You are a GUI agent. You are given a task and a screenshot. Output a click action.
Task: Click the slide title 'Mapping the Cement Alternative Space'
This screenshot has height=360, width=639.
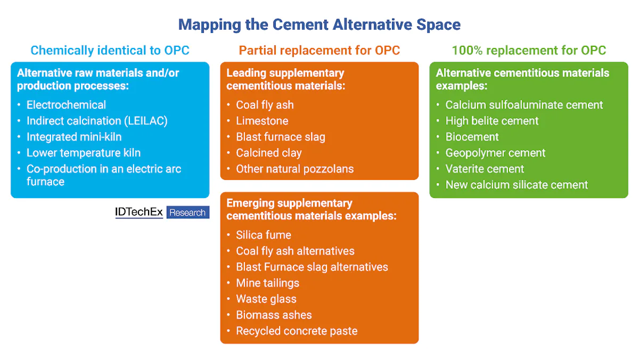319,24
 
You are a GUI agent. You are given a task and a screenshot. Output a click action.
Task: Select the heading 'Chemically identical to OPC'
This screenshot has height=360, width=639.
110,51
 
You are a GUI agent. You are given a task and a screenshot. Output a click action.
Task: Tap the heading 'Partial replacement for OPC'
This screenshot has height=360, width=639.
319,51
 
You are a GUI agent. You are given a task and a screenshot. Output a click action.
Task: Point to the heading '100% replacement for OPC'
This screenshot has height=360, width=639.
529,51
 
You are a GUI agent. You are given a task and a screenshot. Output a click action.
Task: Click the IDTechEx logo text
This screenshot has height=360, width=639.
139,212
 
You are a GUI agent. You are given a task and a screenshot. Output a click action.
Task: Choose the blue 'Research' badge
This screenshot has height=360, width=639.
187,212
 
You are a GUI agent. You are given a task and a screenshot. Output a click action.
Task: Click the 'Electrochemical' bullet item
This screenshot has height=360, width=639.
66,105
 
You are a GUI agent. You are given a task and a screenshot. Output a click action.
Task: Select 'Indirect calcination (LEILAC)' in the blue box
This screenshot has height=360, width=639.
97,121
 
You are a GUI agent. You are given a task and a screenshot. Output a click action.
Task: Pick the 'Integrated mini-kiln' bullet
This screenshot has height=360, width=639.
74,137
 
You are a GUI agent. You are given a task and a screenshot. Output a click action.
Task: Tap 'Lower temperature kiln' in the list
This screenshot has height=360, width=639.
84,153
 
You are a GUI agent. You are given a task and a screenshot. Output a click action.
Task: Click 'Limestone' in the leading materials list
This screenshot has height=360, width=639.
262,121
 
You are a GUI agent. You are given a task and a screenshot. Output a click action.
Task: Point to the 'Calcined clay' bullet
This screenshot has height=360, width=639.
269,153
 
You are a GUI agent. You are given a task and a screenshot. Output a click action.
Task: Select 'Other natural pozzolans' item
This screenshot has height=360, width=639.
294,169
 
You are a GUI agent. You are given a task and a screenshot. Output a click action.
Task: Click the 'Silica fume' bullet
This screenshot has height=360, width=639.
264,235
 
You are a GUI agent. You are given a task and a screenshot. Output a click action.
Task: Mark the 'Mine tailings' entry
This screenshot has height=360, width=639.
267,283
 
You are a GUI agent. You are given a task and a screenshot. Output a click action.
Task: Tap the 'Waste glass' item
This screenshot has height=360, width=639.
266,299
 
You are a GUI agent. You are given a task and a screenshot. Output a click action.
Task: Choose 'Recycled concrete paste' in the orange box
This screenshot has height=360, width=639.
297,331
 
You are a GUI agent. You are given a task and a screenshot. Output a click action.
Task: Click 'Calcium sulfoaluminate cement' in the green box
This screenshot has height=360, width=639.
524,105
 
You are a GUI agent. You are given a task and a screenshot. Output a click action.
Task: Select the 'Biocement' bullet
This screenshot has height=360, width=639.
472,137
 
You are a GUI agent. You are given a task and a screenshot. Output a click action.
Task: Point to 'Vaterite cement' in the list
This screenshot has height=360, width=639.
485,169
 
